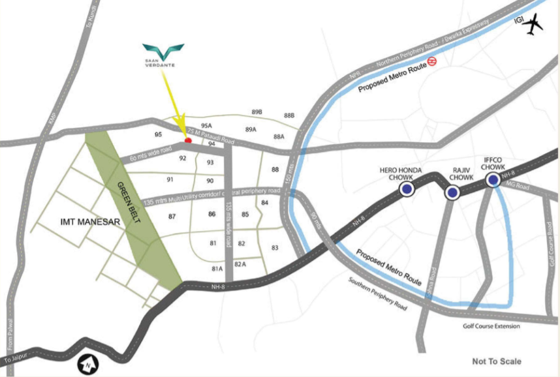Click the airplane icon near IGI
[533, 25]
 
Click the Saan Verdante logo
[163, 53]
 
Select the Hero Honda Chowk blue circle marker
[407, 189]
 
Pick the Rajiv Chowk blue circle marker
[452, 192]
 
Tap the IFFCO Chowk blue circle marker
[493, 179]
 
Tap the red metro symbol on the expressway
[431, 61]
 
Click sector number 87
[172, 216]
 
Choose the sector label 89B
[257, 112]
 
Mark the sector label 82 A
[240, 264]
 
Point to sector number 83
[275, 247]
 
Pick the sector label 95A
[207, 125]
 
